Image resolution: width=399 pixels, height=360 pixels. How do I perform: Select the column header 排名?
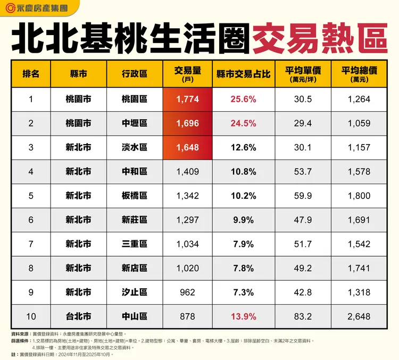31,73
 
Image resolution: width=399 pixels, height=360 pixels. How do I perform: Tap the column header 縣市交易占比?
243,73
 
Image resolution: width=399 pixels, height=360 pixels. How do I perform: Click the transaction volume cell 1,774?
187,99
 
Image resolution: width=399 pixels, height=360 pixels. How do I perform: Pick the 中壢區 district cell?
134,123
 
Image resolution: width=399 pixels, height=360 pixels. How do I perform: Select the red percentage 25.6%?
243,99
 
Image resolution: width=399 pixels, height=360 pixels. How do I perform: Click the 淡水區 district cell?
134,147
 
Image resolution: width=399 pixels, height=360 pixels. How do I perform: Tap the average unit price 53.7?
303,172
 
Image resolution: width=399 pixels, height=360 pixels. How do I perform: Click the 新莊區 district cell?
134,220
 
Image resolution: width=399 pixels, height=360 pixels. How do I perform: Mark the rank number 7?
31,244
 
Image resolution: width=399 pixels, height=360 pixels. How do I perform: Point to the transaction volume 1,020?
187,268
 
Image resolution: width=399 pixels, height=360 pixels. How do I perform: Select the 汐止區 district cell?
134,292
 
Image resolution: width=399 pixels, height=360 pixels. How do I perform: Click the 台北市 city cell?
78,316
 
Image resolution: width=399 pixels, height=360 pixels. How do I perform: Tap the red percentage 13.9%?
243,316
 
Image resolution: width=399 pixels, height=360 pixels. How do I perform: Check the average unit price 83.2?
303,316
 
